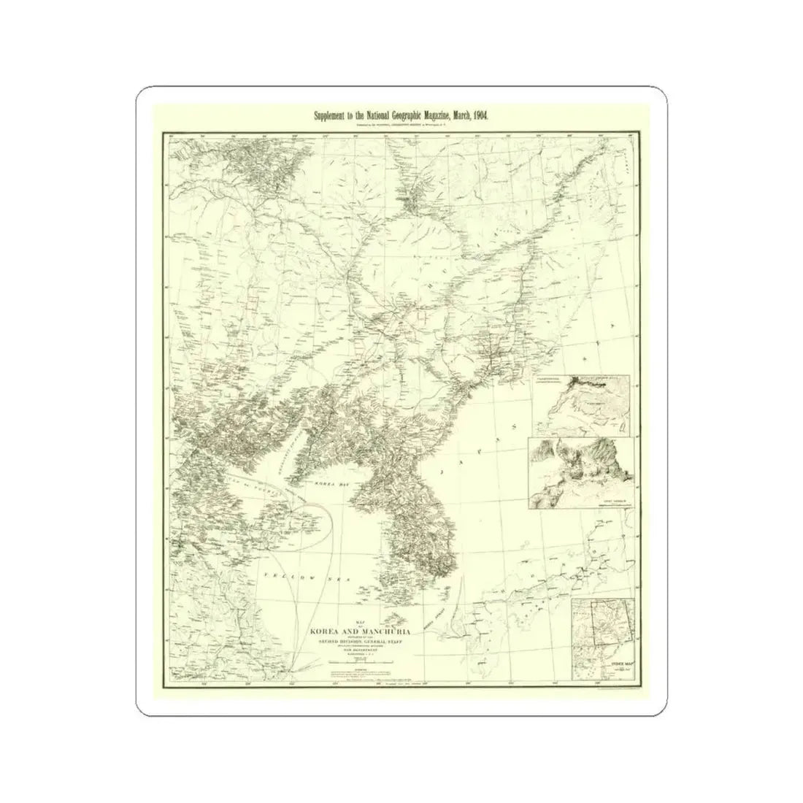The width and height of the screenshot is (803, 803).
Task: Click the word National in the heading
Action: (x=354, y=116)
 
